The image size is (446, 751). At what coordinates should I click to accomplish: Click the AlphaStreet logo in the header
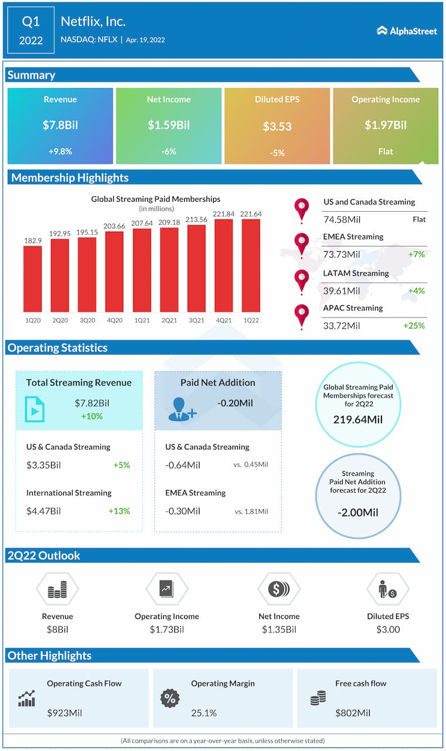point(407,31)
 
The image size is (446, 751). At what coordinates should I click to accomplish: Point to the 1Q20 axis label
point(32,320)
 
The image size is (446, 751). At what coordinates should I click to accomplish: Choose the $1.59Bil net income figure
point(168,125)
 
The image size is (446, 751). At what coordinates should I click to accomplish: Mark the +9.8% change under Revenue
point(60,151)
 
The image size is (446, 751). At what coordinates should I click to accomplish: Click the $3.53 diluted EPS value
point(277,126)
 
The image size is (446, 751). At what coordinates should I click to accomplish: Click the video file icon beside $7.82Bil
point(35,409)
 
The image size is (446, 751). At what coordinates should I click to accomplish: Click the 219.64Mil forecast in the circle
point(358,420)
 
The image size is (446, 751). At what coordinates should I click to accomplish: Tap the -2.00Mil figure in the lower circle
point(358,512)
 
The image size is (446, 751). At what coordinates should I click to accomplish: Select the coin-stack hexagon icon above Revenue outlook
point(57,589)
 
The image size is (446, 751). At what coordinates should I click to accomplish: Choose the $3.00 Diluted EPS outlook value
point(387,630)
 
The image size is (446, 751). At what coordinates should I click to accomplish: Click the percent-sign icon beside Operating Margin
point(170,698)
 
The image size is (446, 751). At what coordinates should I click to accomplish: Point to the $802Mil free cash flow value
point(353,713)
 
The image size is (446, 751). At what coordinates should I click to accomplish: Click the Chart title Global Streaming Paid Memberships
point(156,199)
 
